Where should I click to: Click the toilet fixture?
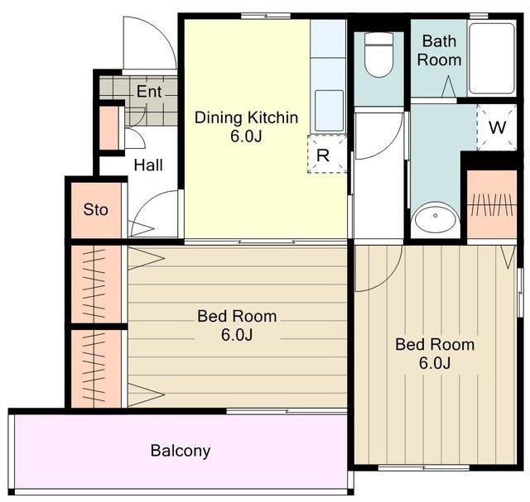(x=379, y=55)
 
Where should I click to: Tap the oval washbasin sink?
(x=436, y=217)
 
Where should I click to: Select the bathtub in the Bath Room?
(x=492, y=58)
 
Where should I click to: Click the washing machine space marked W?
(x=497, y=127)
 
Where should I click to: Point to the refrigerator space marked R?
(x=327, y=154)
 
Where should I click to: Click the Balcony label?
(x=181, y=451)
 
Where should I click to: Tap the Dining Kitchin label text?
(x=247, y=117)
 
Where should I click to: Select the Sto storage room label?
(x=96, y=209)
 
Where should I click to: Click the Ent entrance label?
(x=149, y=92)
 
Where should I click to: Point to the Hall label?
(x=148, y=165)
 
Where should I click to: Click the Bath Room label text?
(x=439, y=50)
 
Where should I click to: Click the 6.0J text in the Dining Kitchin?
(x=247, y=136)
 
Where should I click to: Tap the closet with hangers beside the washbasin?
(x=492, y=204)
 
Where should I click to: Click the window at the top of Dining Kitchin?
(x=266, y=16)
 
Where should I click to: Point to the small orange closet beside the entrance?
(x=109, y=127)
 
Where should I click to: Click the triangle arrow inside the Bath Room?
(x=449, y=87)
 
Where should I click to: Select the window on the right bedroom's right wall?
(x=520, y=293)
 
